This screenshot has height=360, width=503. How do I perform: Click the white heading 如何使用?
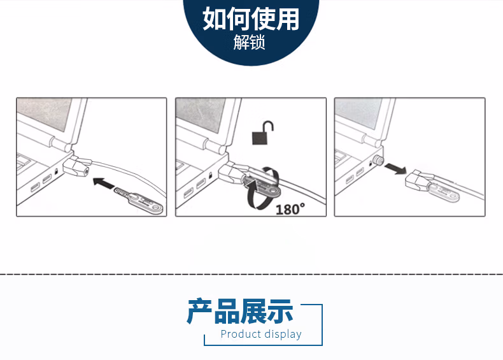[251, 19]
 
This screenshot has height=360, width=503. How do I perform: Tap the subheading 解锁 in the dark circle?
[249, 43]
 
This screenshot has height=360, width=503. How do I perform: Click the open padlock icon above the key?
[263, 133]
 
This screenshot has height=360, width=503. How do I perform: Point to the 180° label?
[290, 210]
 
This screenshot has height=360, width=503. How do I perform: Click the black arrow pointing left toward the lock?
[104, 183]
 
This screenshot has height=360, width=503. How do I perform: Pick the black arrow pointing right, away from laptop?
[395, 168]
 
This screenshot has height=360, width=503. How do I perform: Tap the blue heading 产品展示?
[240, 310]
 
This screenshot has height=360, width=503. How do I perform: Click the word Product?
[241, 334]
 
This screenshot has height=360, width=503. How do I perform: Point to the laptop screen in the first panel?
[45, 113]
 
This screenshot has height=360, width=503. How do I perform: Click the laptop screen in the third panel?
[359, 113]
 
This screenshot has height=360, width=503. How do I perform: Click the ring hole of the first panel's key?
[157, 207]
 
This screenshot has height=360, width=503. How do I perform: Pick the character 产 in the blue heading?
[199, 310]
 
